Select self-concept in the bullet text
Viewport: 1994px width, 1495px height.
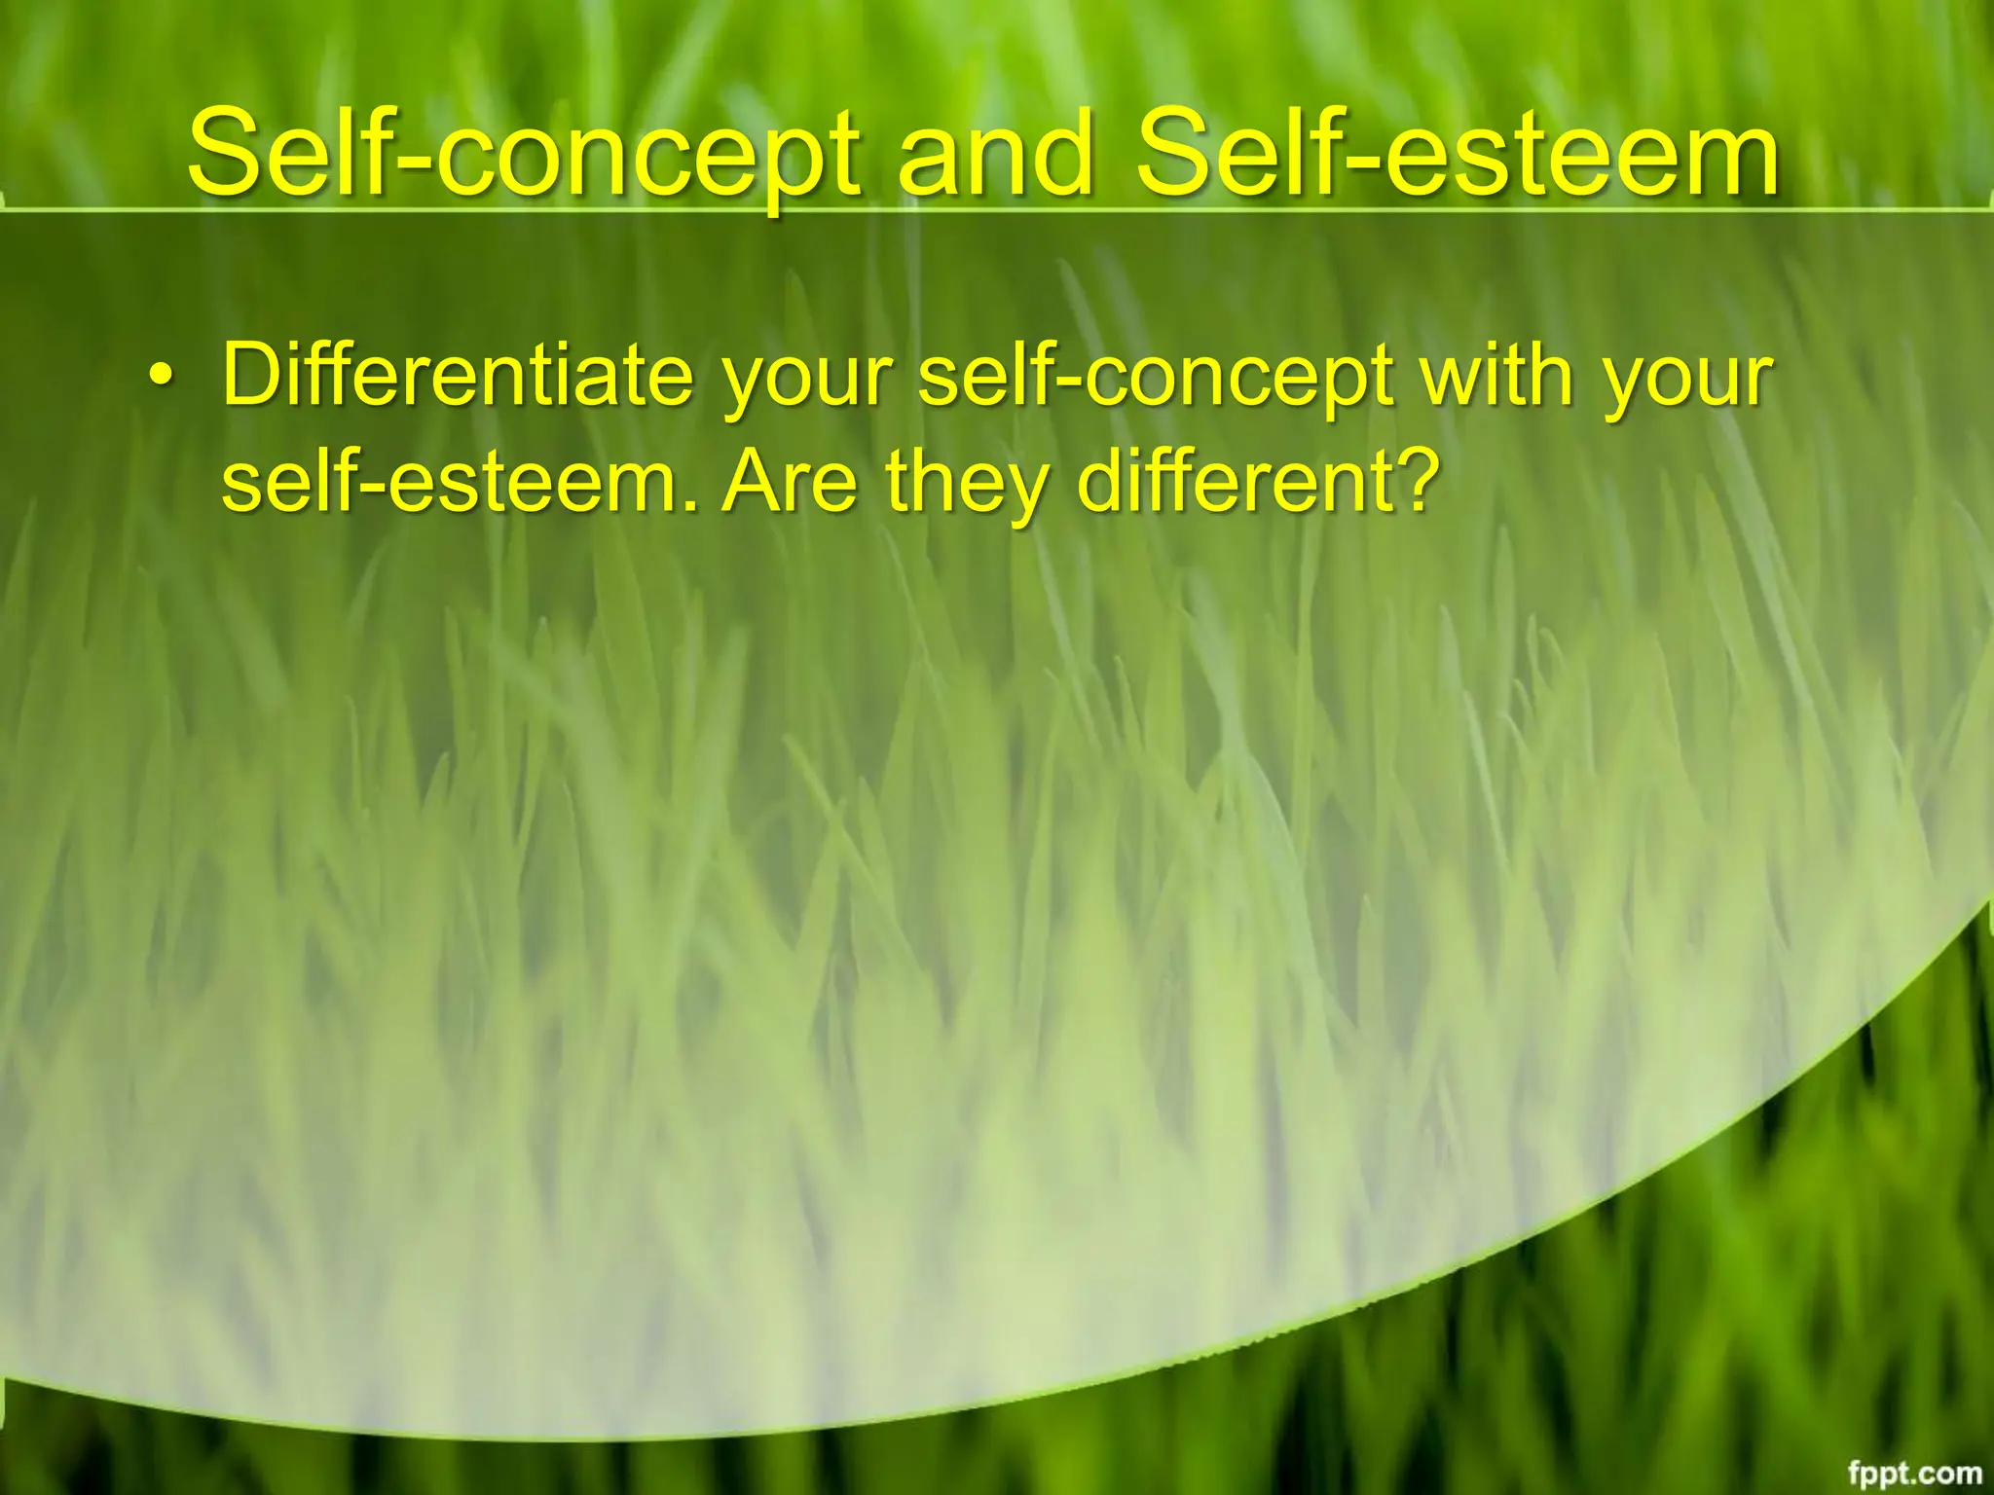(1154, 378)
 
